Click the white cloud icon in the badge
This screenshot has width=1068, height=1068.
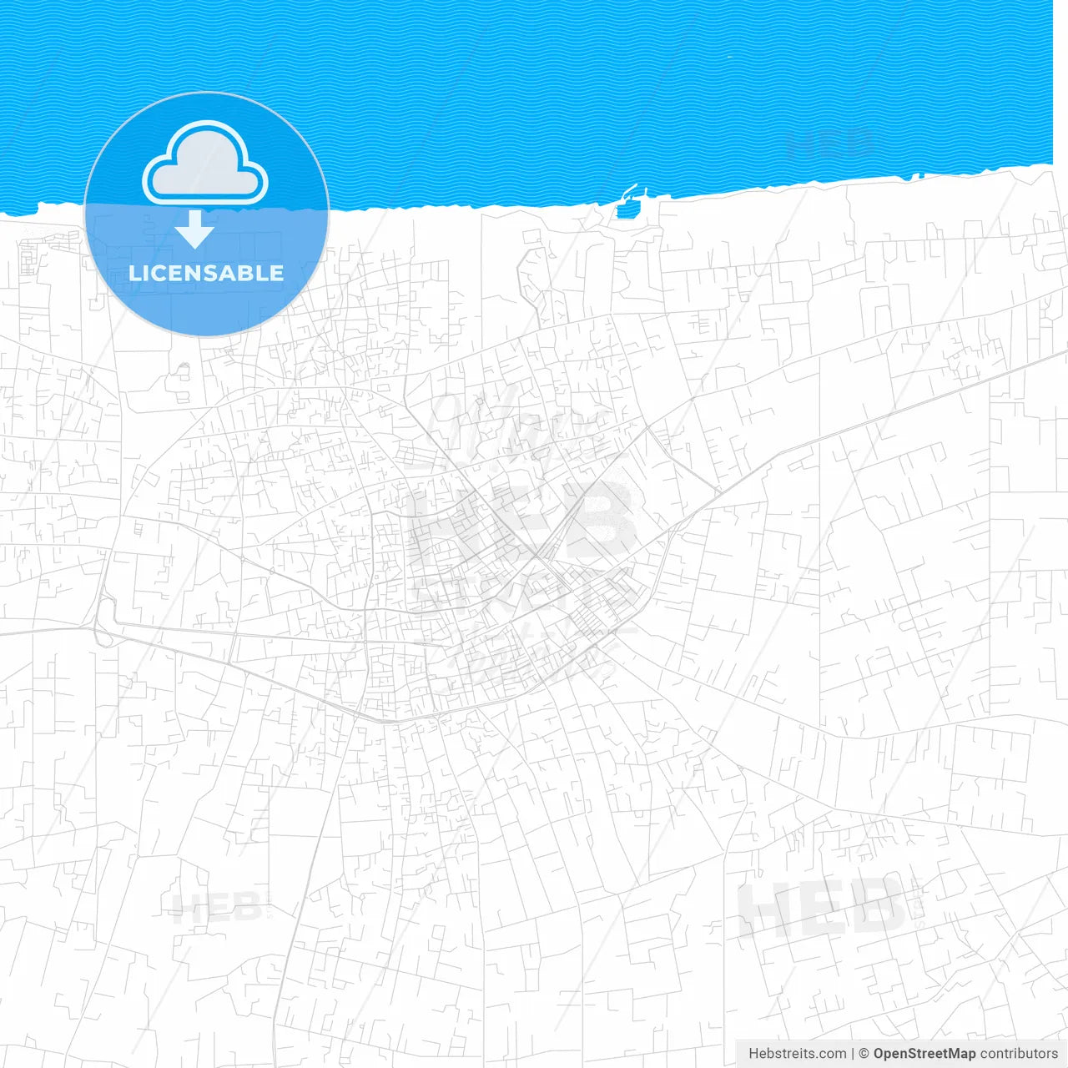[x=205, y=164]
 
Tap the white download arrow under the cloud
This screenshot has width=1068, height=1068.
[x=194, y=230]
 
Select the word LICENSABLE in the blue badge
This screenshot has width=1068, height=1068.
[x=206, y=273]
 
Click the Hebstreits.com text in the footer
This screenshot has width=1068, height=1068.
[x=797, y=1054]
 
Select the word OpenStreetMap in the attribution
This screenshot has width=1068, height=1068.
[x=924, y=1054]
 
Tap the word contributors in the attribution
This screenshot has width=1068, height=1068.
[x=1019, y=1054]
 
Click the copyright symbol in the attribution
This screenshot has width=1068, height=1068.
[x=864, y=1054]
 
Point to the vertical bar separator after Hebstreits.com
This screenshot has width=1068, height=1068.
[x=853, y=1054]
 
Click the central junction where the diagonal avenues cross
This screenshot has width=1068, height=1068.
[x=537, y=556]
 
